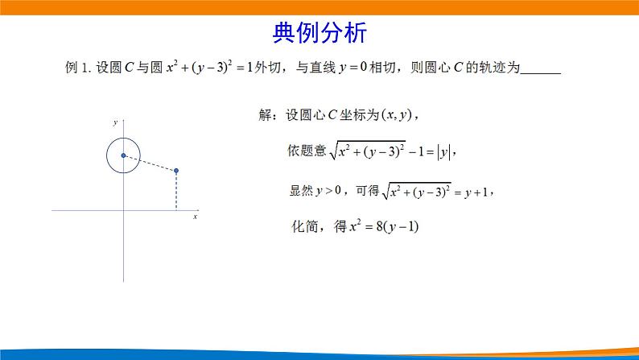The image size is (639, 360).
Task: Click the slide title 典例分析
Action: pos(319,33)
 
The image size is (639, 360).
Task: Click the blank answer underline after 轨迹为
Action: pos(540,71)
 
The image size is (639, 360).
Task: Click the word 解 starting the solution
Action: pos(266,115)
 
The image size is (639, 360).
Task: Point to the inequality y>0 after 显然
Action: pos(329,191)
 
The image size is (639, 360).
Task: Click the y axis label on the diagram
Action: pos(115,122)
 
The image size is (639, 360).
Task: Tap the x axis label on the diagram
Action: pos(195,217)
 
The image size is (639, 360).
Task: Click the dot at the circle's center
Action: pos(123,155)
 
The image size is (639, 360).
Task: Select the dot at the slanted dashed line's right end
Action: pos(176,171)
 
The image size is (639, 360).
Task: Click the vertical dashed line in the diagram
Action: pos(176,192)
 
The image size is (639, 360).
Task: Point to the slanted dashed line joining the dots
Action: pos(150,163)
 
